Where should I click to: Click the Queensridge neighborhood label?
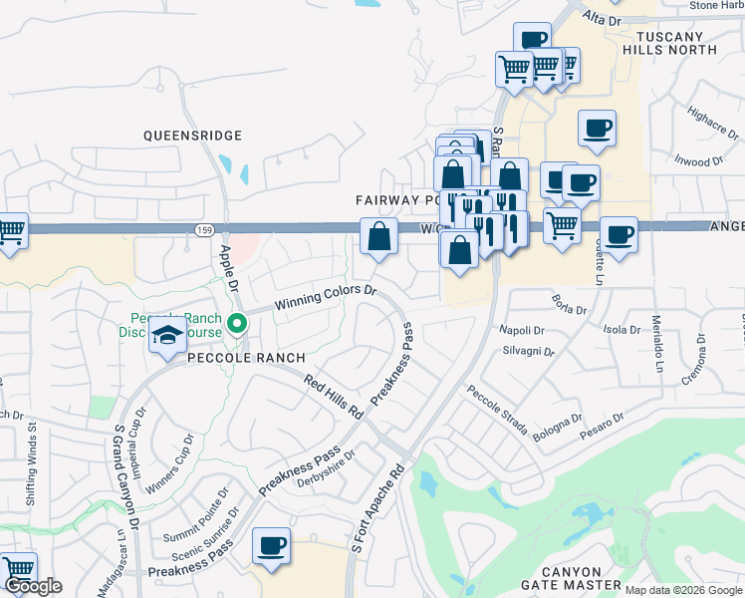[192, 135]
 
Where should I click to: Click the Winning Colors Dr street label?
[326, 295]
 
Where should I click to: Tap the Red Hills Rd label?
[332, 397]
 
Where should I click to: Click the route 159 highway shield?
[203, 230]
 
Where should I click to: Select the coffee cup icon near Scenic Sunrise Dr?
[271, 546]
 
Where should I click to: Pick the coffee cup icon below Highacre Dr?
[597, 129]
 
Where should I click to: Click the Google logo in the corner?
[33, 586]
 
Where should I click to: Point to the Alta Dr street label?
[602, 20]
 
